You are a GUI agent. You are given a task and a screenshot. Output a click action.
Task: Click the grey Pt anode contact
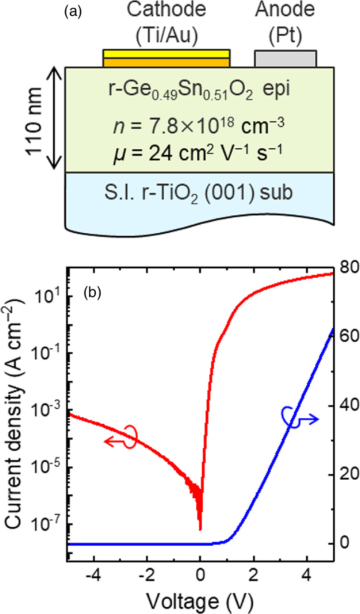285,59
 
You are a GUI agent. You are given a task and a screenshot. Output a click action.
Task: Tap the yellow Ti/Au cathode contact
166,58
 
